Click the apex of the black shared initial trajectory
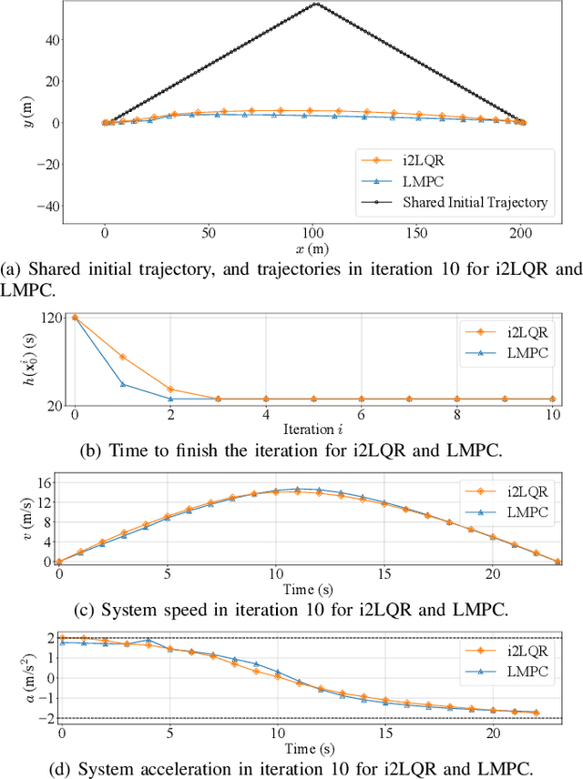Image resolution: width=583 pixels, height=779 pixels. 316,4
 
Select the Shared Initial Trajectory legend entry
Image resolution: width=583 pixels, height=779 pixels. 475,202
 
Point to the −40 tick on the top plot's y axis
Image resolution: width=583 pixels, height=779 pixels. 52,207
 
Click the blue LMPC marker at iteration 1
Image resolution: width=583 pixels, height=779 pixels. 122,384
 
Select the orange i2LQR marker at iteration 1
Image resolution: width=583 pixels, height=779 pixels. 122,357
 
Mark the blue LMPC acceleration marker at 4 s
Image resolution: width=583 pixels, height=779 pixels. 148,641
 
